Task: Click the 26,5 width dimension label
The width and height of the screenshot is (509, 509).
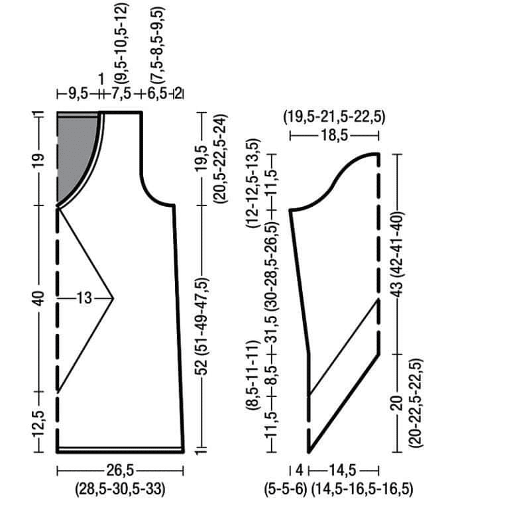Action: [x=120, y=471]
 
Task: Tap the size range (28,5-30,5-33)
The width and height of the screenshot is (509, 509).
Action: [x=121, y=489]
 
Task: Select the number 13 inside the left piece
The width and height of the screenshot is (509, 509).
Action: [x=84, y=298]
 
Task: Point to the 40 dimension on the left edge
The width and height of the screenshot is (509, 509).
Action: [x=39, y=299]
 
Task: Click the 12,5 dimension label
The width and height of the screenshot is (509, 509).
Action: [x=39, y=424]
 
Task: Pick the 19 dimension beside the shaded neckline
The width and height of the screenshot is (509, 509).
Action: [x=38, y=160]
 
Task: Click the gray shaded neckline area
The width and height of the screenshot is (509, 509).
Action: [x=75, y=149]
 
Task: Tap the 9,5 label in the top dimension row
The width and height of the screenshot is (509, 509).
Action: [x=78, y=94]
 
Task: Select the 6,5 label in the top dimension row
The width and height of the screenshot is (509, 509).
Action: [x=157, y=94]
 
